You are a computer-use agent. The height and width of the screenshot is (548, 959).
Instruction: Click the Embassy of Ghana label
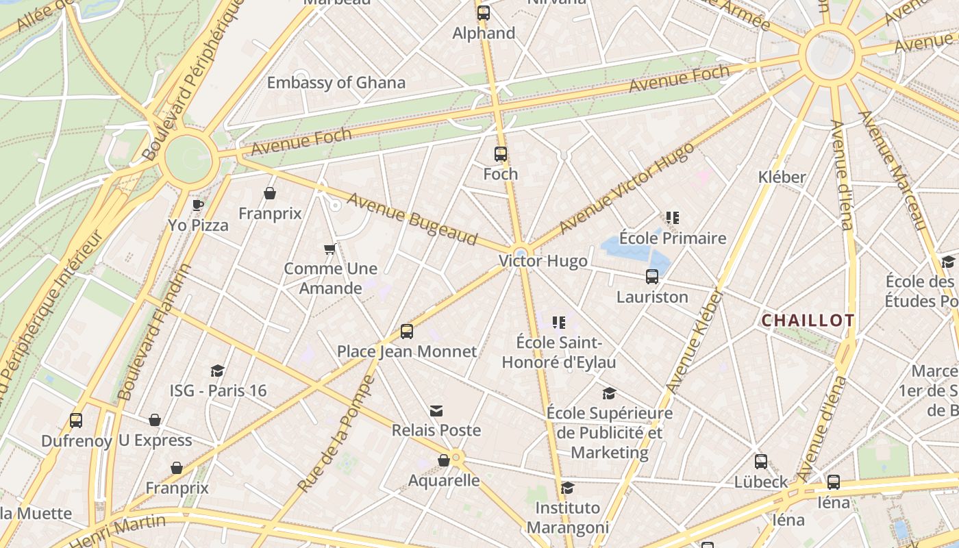pyautogui.click(x=336, y=83)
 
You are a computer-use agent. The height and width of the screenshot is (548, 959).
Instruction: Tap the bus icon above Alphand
pyautogui.click(x=484, y=13)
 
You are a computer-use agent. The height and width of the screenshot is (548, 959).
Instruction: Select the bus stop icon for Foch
pyautogui.click(x=501, y=154)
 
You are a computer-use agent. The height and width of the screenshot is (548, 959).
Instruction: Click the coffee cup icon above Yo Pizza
pyautogui.click(x=198, y=204)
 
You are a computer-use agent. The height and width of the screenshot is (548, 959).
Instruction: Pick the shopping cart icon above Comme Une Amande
pyautogui.click(x=329, y=249)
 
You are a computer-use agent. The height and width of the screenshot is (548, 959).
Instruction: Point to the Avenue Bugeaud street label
pyautogui.click(x=412, y=219)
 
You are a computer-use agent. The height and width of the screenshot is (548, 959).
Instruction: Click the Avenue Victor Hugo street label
pyautogui.click(x=626, y=188)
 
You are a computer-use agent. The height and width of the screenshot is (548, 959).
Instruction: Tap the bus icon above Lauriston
pyautogui.click(x=652, y=277)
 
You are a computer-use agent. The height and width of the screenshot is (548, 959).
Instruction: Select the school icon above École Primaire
pyautogui.click(x=672, y=218)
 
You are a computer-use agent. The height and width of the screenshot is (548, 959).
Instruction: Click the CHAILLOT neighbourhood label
pyautogui.click(x=808, y=321)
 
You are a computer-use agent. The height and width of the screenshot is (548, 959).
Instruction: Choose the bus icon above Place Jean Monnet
pyautogui.click(x=407, y=332)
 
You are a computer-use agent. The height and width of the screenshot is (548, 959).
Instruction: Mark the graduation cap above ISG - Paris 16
pyautogui.click(x=218, y=371)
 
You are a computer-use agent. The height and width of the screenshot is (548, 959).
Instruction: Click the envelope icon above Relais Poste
pyautogui.click(x=436, y=411)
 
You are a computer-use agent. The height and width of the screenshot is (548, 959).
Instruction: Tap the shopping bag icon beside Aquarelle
pyautogui.click(x=444, y=460)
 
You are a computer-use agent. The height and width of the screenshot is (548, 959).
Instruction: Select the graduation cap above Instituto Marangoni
pyautogui.click(x=567, y=488)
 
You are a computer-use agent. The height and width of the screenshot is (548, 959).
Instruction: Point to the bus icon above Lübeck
pyautogui.click(x=761, y=462)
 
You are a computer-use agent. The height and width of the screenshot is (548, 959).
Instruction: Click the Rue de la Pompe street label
pyautogui.click(x=336, y=434)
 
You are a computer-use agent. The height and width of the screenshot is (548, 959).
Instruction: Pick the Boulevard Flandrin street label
pyautogui.click(x=155, y=332)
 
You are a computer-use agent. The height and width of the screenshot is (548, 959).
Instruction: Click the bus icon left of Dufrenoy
pyautogui.click(x=76, y=420)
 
